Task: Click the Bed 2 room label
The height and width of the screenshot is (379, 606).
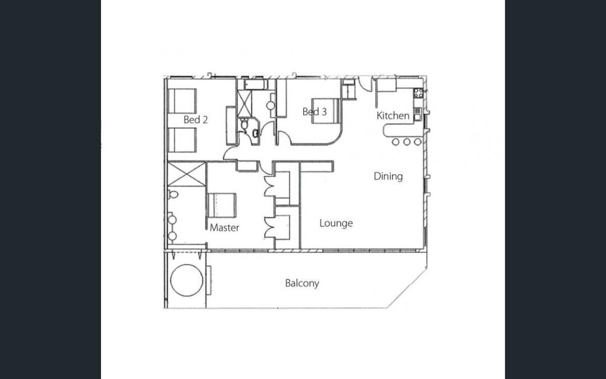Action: point(196,119)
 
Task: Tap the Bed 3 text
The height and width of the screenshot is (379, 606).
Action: point(314,112)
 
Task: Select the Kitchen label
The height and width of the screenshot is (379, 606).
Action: point(392,115)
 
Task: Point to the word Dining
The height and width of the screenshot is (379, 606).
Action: point(388,176)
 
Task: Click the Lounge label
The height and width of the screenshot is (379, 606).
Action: point(336,223)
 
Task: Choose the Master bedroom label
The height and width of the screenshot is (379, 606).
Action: point(225,228)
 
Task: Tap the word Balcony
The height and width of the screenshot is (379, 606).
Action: point(302,283)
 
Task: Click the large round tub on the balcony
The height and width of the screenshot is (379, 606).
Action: point(187,281)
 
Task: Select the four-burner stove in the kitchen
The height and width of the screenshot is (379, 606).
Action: point(418,93)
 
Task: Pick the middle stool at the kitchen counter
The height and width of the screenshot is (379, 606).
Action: point(407,142)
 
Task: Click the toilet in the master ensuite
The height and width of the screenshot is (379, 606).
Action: point(173,194)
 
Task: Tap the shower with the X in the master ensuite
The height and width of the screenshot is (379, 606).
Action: point(187,174)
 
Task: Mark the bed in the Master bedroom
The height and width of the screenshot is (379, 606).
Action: point(222,205)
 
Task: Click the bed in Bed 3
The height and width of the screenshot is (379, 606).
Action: point(326,111)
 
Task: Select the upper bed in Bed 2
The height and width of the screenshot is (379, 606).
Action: point(182,101)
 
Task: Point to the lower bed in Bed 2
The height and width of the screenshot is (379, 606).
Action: point(182,140)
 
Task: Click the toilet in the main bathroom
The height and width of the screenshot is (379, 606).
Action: point(245,125)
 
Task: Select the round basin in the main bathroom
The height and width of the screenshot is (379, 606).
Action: point(270,105)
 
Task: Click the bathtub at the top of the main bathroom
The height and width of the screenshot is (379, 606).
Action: point(256,84)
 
